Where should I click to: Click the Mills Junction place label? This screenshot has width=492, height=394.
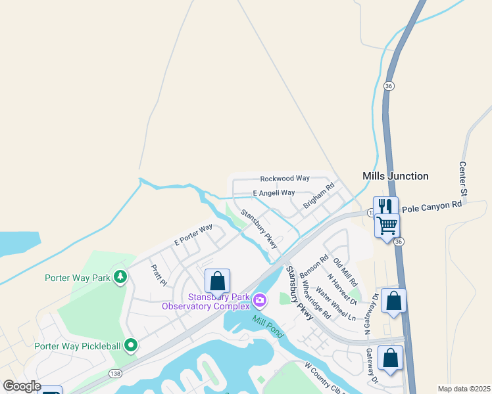(395, 176)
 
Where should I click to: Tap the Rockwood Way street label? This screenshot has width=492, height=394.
(284, 179)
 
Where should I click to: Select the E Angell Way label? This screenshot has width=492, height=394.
(274, 193)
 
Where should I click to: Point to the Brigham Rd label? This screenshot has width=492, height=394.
(319, 196)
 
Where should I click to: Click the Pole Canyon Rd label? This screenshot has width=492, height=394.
(432, 206)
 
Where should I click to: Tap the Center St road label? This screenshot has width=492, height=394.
(463, 178)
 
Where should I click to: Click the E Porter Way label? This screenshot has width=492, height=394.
(193, 235)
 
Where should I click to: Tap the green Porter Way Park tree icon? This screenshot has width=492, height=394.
(120, 277)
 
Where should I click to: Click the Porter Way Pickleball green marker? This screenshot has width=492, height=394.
(131, 344)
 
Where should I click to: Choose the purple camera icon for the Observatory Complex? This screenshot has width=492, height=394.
(260, 301)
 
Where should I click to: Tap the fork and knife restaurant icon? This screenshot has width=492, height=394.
(385, 206)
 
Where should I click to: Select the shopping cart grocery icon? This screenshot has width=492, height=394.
(387, 225)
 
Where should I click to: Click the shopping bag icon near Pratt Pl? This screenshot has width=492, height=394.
(217, 281)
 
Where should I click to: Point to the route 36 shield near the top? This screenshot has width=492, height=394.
(389, 86)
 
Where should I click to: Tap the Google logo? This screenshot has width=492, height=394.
(21, 386)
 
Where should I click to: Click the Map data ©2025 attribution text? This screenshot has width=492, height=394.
(464, 389)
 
